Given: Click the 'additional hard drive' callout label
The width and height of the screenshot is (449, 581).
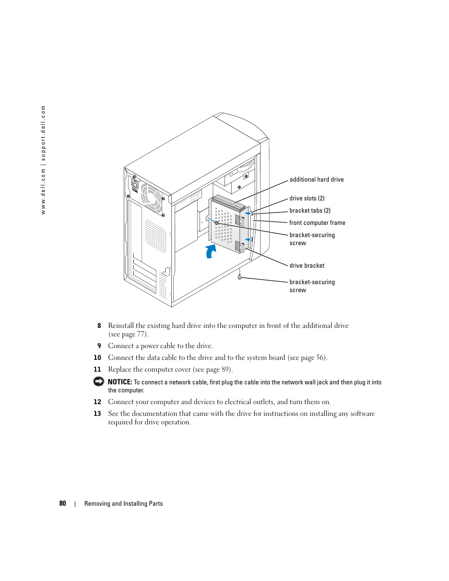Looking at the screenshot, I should (316, 180).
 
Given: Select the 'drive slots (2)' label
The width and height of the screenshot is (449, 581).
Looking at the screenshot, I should (307, 199).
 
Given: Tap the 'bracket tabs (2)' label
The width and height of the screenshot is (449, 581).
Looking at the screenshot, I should (310, 211).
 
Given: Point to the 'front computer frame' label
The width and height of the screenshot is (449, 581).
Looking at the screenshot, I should (317, 223).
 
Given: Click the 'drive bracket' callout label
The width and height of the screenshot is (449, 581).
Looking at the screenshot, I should (307, 266).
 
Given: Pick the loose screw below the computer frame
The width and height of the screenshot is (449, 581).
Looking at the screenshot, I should (240, 277).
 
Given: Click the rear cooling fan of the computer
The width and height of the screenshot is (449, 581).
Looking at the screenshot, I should (151, 198).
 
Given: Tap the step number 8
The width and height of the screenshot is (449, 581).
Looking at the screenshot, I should (99, 326).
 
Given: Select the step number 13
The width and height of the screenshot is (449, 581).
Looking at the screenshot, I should (97, 414).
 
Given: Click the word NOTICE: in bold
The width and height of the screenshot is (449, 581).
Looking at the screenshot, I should (120, 382).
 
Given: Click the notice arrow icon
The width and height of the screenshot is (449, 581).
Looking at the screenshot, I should (98, 382).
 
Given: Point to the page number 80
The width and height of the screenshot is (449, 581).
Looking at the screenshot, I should (63, 503).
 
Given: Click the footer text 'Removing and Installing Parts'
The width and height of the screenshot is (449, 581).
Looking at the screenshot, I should (123, 504).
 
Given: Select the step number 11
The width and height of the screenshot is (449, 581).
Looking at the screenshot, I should (97, 369).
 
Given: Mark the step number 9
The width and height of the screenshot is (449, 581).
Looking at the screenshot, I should (99, 346).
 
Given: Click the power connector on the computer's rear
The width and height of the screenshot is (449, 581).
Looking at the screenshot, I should (135, 184).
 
